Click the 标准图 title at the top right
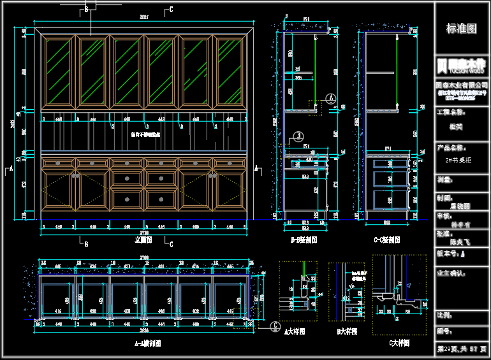461,29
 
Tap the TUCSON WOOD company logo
461,65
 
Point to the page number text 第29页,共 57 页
462,349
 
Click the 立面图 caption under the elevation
143,240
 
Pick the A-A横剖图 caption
147,343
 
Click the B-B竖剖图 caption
304,240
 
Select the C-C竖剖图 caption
386,240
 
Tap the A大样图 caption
294,332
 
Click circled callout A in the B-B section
330,97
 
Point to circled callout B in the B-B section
298,135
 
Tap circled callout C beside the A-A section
274,326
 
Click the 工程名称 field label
450,112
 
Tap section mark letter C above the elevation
171,10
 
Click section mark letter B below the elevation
86,243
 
